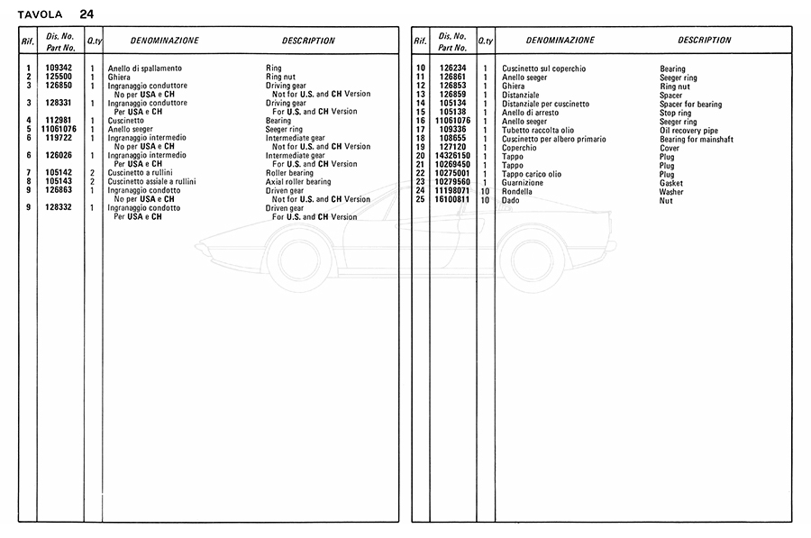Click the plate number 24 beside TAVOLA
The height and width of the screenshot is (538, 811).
tap(86, 14)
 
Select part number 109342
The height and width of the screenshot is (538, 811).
tap(59, 68)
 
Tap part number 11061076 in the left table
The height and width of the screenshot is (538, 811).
tap(59, 130)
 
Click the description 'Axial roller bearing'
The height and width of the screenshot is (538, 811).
tap(298, 182)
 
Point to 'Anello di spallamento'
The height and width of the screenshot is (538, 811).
tap(144, 68)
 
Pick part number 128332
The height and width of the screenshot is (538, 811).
tap(59, 208)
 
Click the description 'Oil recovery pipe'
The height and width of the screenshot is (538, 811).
tap(689, 131)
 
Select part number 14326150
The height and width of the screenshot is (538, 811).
tap(452, 157)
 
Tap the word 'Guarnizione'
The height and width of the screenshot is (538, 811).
tap(523, 183)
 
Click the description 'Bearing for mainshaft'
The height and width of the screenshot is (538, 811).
tap(697, 140)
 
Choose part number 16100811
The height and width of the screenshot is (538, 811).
tap(452, 200)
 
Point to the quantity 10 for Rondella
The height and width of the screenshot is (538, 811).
tap(485, 191)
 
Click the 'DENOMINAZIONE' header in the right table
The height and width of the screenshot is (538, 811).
tap(560, 41)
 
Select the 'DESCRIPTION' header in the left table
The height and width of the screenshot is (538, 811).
tap(308, 41)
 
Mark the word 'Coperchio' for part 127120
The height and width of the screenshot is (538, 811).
tap(519, 148)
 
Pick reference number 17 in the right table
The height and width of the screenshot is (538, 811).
tap(420, 131)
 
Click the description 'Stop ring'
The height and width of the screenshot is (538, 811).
tap(677, 114)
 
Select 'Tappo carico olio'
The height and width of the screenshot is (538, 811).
tap(532, 174)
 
